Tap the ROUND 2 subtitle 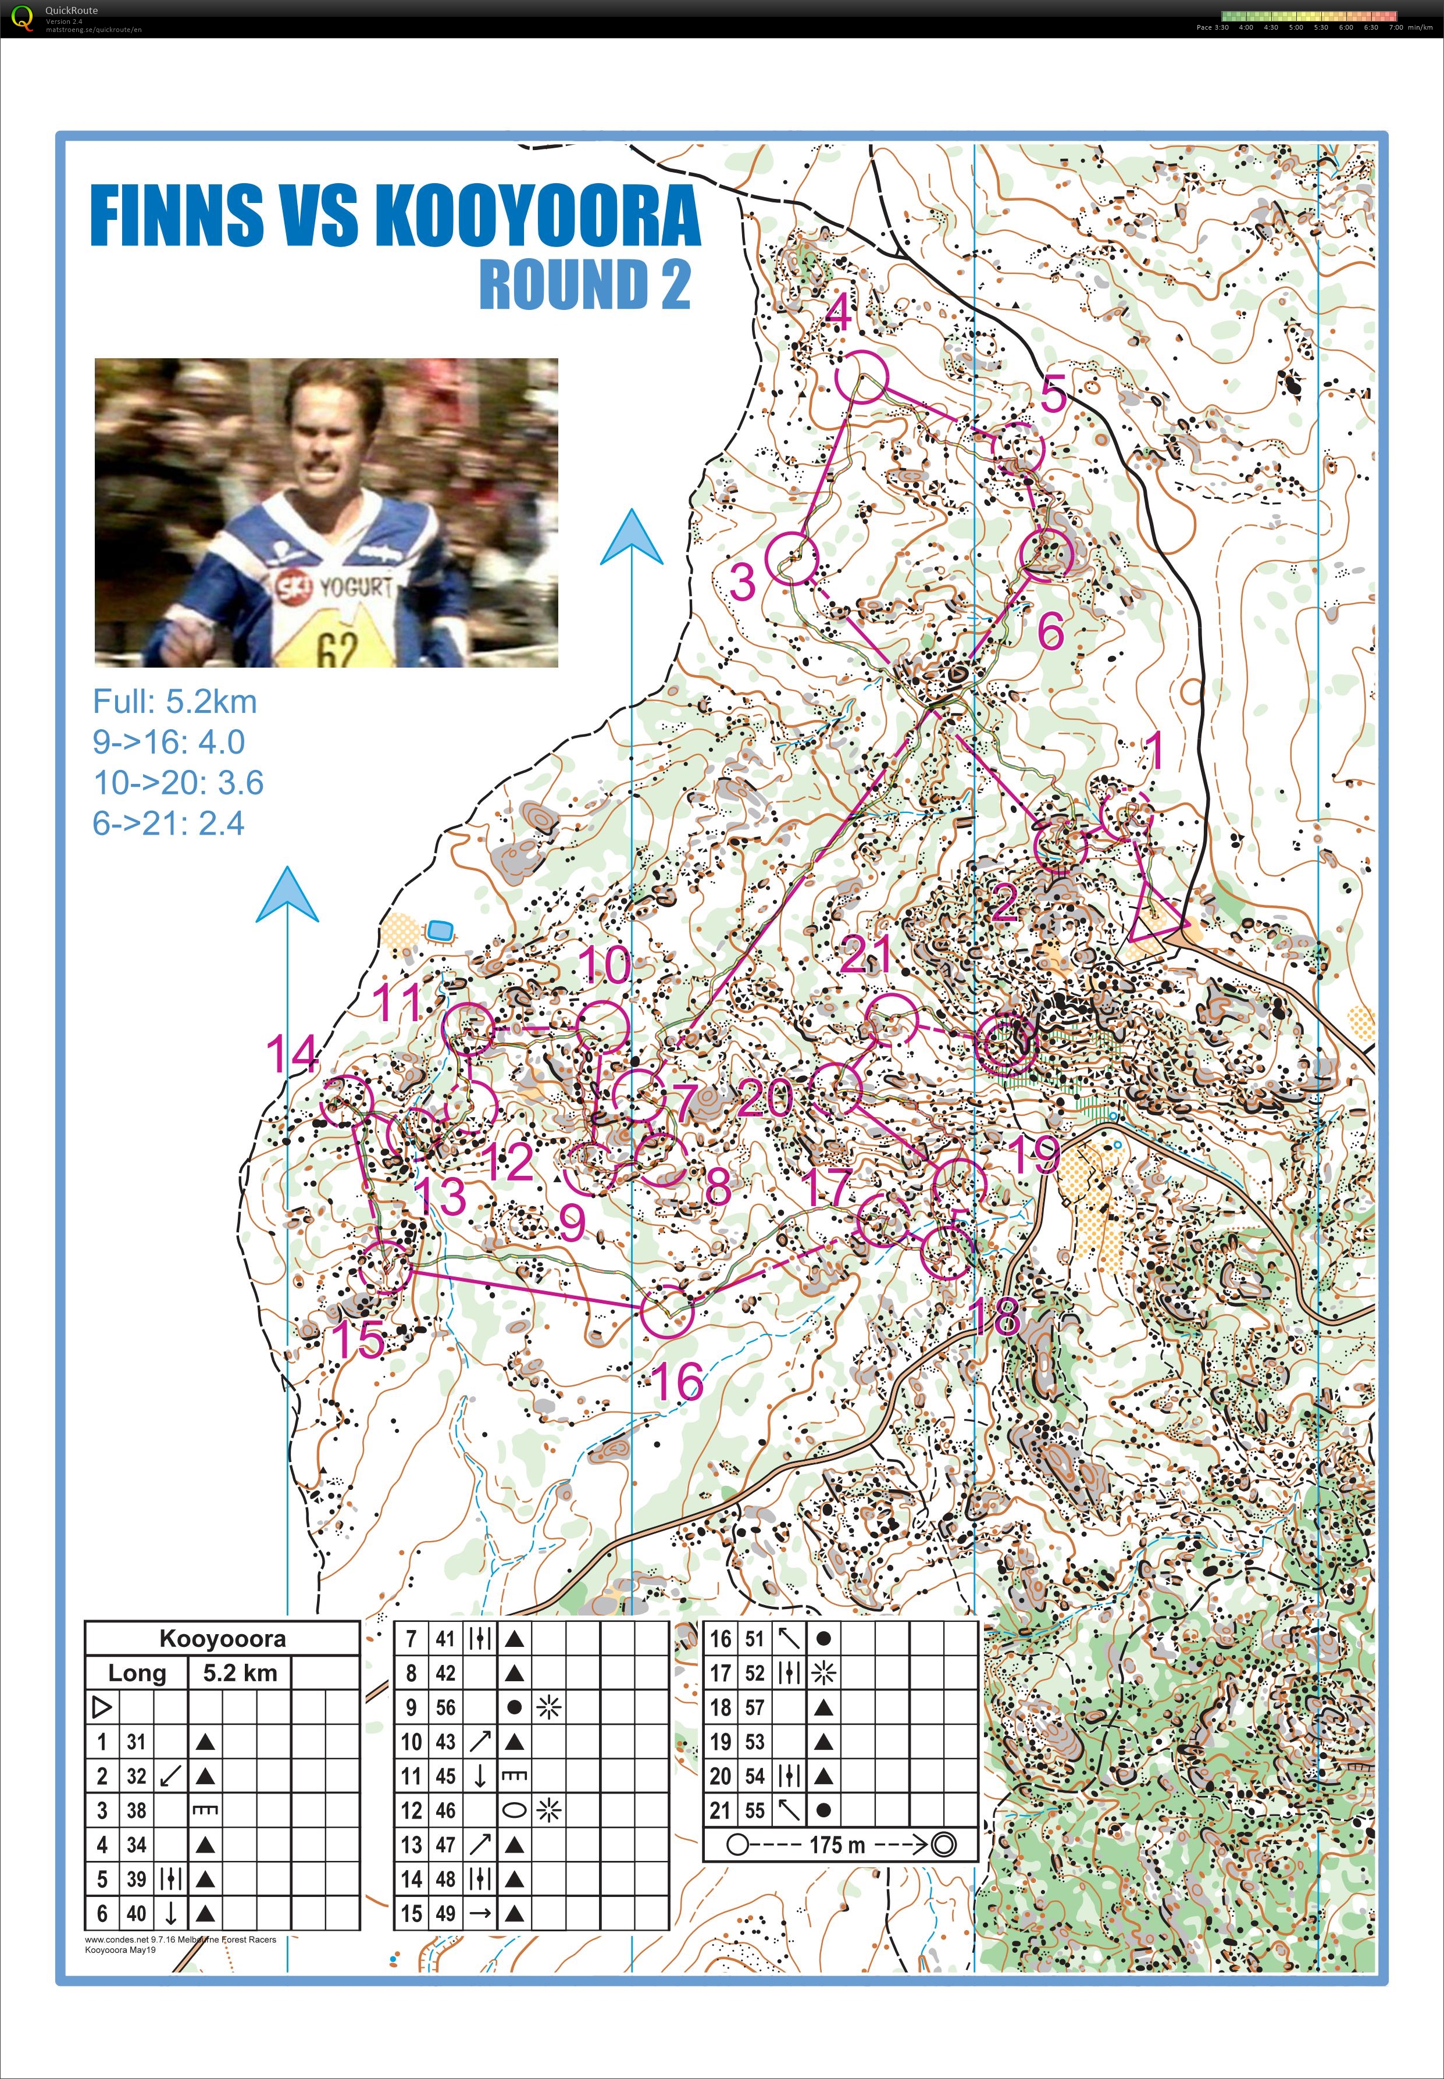pyautogui.click(x=584, y=284)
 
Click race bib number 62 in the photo pyautogui.click(x=337, y=647)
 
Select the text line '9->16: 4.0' pyautogui.click(x=168, y=742)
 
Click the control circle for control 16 pyautogui.click(x=668, y=1311)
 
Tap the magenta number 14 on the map pyautogui.click(x=291, y=1054)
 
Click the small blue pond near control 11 pyautogui.click(x=440, y=929)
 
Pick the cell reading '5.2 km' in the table pyautogui.click(x=240, y=1672)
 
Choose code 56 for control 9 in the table pyautogui.click(x=445, y=1707)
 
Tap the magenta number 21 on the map pyautogui.click(x=866, y=954)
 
